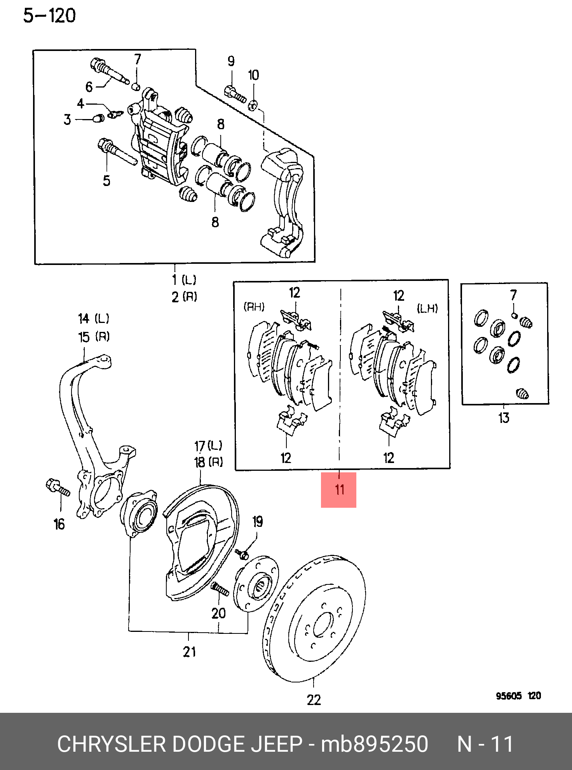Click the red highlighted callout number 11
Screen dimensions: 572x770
tap(339, 489)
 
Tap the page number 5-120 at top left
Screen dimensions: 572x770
tap(49, 16)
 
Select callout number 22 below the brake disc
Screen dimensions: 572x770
tap(314, 700)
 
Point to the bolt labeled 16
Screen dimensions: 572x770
tap(58, 487)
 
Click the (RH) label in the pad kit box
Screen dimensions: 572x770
tap(254, 307)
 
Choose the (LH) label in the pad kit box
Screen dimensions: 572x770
tap(427, 309)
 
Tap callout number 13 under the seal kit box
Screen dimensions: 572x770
tap(504, 418)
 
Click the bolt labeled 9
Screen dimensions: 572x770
tap(235, 94)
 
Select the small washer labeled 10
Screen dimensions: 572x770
tap(253, 105)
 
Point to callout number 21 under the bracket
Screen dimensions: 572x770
tap(189, 652)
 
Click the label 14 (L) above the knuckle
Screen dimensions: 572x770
tap(94, 319)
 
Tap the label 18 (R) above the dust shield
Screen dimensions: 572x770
tap(209, 462)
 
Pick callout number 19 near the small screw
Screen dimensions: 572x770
tap(258, 522)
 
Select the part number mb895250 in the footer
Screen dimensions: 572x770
tap(375, 744)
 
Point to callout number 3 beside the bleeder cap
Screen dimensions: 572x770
tap(68, 119)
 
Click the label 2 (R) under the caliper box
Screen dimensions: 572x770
tap(185, 297)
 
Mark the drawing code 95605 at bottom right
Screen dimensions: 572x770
tap(509, 696)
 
